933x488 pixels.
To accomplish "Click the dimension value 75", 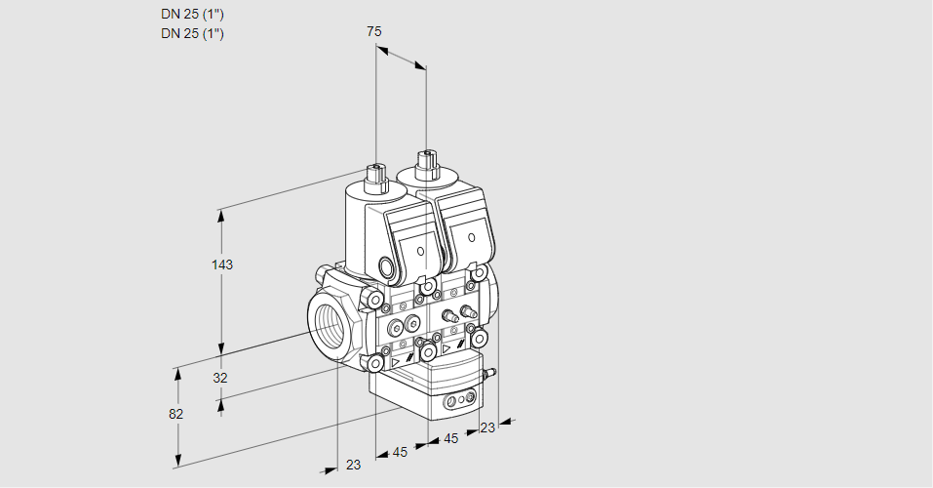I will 374,31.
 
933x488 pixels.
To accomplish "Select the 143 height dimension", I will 223,264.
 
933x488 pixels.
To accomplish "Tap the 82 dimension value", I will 175,414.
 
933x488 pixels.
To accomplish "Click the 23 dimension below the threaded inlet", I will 353,465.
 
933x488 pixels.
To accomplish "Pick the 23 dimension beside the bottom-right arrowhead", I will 487,427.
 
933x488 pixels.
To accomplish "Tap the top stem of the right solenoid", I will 425,162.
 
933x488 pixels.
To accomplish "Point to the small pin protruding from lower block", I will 491,372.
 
